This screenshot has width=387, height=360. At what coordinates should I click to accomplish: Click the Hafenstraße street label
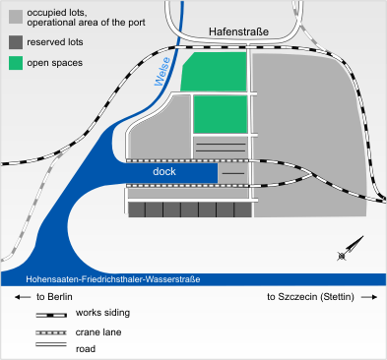click(239, 31)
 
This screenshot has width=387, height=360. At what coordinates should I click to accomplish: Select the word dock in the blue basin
click(163, 172)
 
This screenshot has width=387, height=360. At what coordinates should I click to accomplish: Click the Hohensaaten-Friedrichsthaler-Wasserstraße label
click(102, 280)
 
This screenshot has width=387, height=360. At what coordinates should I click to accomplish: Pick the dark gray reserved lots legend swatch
click(16, 43)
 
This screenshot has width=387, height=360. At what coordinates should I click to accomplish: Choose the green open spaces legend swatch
click(16, 63)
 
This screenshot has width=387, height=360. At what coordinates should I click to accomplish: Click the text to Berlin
click(49, 296)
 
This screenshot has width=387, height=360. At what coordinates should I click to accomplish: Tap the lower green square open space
click(219, 113)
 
